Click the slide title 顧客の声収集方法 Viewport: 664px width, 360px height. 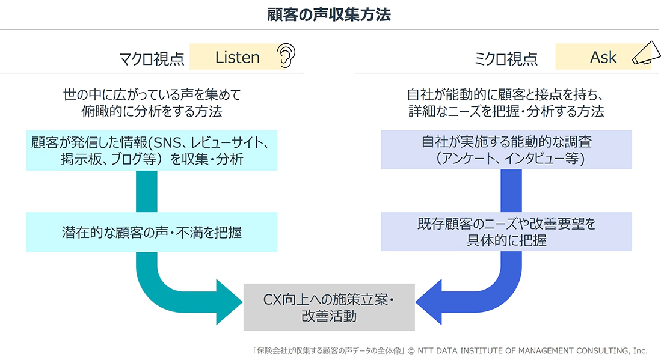click(329, 15)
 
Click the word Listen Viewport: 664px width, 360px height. click(237, 57)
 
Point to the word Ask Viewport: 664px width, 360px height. click(603, 57)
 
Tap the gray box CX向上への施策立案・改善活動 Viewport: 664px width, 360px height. click(329, 307)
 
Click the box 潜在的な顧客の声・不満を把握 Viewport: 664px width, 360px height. click(152, 231)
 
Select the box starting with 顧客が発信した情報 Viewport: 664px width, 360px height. click(152, 150)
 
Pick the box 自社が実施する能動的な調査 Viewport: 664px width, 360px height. click(506, 150)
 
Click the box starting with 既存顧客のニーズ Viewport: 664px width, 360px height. click(506, 231)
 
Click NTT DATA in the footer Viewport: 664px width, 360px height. click(441, 350)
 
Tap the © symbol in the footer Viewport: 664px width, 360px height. click(411, 350)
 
